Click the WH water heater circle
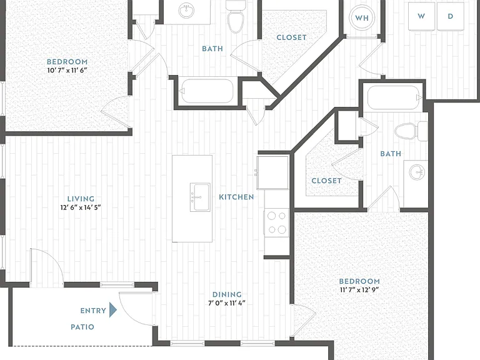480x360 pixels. (x=362, y=17)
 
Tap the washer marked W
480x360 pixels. (x=421, y=16)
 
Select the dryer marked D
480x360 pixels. (x=450, y=16)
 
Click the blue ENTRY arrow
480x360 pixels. (x=113, y=310)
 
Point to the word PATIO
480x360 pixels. (x=82, y=327)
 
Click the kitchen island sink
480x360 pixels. (x=200, y=197)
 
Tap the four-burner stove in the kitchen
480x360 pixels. (x=276, y=222)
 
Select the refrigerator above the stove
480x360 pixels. (x=272, y=172)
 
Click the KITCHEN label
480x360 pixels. (x=236, y=197)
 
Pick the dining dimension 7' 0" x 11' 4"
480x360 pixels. (x=227, y=303)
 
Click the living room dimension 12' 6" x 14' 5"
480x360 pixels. (x=81, y=207)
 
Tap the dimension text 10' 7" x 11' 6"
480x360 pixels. (x=67, y=70)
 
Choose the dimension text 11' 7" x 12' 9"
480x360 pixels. (x=359, y=289)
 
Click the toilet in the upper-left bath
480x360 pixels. (x=236, y=16)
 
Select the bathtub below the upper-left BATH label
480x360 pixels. (x=207, y=91)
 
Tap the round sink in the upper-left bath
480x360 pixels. (x=186, y=11)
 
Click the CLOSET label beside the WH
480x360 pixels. (x=291, y=37)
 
